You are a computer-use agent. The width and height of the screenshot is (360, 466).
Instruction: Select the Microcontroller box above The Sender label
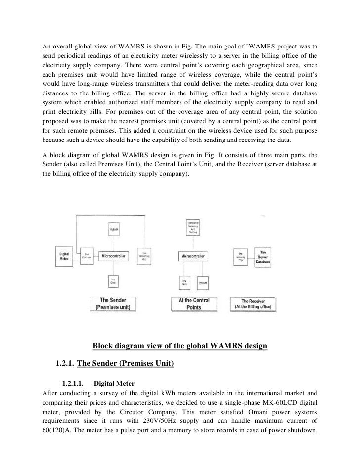(x=114, y=256)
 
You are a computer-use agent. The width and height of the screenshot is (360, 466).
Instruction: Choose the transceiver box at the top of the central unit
(x=193, y=227)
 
